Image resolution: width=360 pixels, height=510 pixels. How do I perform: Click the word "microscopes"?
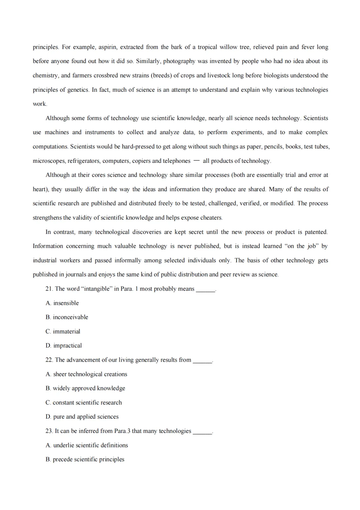click(x=49, y=161)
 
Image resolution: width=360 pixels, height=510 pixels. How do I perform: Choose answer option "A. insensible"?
click(x=62, y=303)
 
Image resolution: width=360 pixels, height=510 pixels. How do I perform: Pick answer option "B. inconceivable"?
click(x=67, y=317)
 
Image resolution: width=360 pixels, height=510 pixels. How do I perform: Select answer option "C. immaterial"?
click(x=63, y=332)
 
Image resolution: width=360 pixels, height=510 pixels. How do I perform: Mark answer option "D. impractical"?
click(x=64, y=346)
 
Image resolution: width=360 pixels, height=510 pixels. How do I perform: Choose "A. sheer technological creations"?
click(x=86, y=374)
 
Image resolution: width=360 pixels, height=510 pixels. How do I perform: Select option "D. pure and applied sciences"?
click(x=82, y=417)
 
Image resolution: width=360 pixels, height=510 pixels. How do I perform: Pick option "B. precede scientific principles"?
click(x=85, y=459)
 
